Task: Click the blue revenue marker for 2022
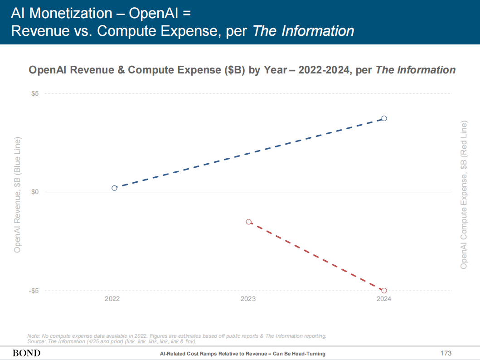[x=114, y=188]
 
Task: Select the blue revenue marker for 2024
[x=384, y=118]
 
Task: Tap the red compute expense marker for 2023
[x=249, y=222]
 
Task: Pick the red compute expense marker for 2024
[x=384, y=291]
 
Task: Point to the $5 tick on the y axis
[x=34, y=93]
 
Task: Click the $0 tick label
[x=34, y=192]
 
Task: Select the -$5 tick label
[x=34, y=291]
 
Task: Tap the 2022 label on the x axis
[x=112, y=299]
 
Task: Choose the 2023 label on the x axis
[x=248, y=299]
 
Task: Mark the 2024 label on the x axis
[x=384, y=299]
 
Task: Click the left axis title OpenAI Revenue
[x=18, y=195]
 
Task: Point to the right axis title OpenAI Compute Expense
[x=464, y=195]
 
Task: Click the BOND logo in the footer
[x=26, y=353]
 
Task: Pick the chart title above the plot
[x=242, y=70]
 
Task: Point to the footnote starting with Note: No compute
[x=177, y=336]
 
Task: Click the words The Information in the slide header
[x=303, y=31]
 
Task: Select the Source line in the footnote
[x=111, y=341]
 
